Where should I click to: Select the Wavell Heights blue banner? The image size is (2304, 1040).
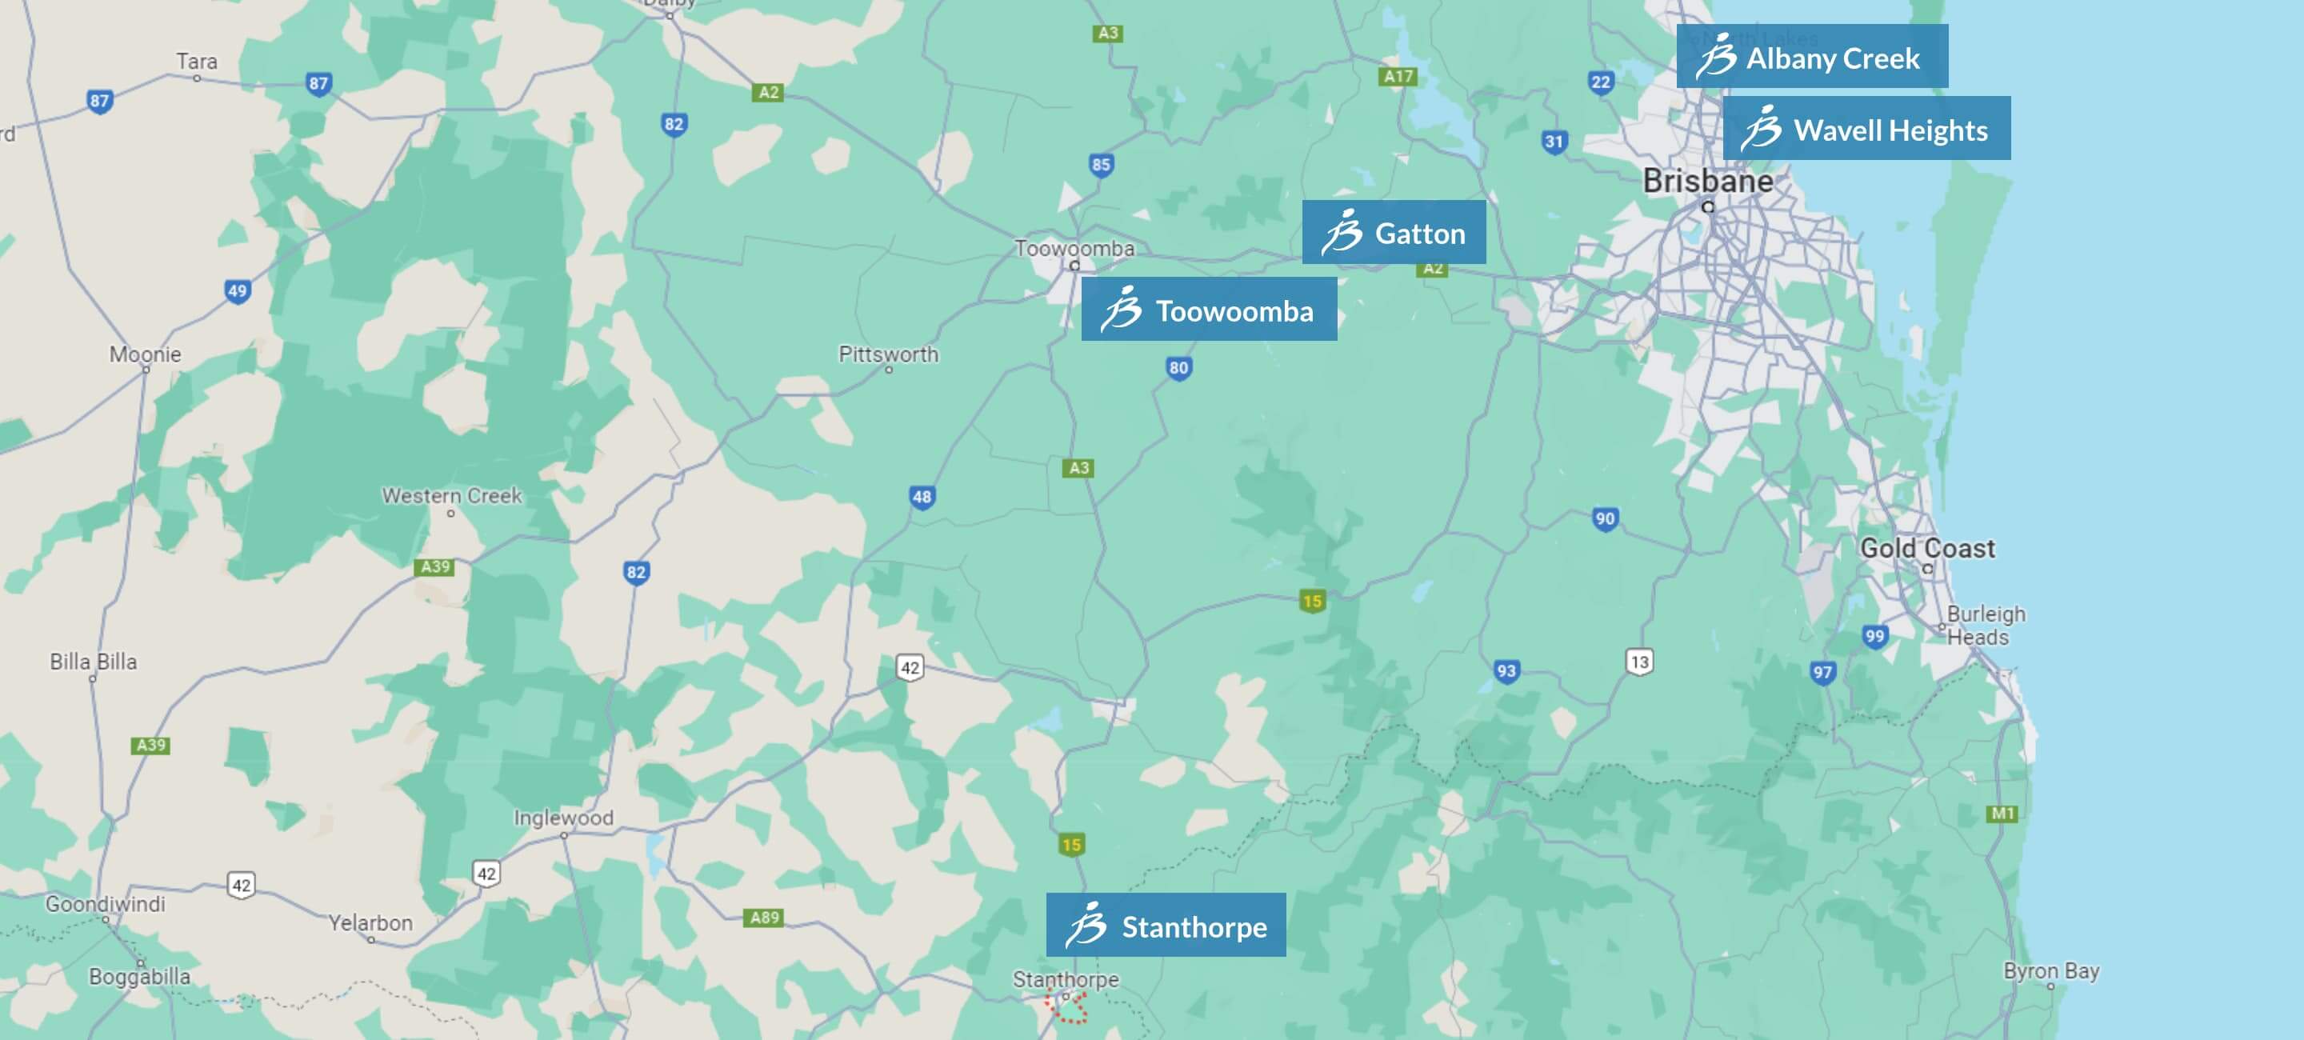click(x=1866, y=129)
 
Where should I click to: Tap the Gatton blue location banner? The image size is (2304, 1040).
click(x=1394, y=233)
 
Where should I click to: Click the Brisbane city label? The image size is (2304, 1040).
click(x=1707, y=182)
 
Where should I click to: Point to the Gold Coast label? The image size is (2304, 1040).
click(x=1926, y=548)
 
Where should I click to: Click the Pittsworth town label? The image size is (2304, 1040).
click(x=888, y=354)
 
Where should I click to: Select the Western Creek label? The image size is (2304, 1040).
click(x=452, y=495)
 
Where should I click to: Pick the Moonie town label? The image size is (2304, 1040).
click(x=145, y=354)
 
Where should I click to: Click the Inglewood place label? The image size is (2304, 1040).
click(x=563, y=818)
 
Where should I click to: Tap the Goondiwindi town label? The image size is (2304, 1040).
click(x=106, y=903)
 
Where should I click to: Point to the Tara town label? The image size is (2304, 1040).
click(x=197, y=61)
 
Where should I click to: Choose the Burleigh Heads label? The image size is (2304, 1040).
click(x=1986, y=625)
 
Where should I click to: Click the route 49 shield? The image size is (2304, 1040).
click(x=237, y=290)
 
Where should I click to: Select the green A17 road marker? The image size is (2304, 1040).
click(x=1398, y=76)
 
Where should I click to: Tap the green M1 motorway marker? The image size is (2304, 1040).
click(x=2002, y=813)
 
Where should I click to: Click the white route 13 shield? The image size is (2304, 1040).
click(x=1638, y=662)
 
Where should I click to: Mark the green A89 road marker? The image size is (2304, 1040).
click(x=764, y=917)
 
